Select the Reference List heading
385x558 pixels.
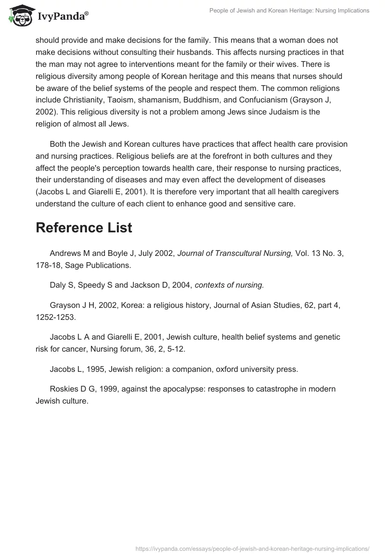pyautogui.click(x=84, y=228)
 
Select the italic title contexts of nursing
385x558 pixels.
pyautogui.click(x=229, y=285)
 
